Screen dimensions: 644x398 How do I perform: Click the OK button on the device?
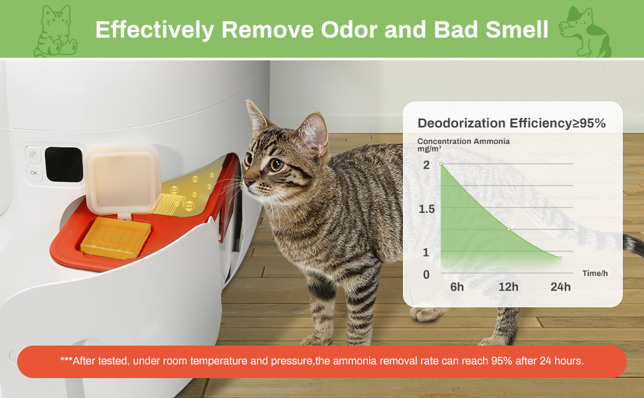34,172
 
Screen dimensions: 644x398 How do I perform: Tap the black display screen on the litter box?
64,164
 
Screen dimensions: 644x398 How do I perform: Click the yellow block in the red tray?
116,238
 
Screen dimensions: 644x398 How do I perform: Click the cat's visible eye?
276,165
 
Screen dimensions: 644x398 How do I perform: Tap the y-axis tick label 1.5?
427,209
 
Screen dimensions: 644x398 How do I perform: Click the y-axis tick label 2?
426,165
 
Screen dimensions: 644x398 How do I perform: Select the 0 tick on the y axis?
426,275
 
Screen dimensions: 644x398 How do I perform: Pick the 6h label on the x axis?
457,287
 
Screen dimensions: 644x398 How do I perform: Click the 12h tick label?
509,287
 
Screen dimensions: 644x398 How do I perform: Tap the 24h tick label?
560,287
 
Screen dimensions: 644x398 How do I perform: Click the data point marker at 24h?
560,257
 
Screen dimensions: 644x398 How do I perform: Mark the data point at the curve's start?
441,164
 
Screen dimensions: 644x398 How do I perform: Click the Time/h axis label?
595,273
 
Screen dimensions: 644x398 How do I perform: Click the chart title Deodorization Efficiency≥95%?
511,123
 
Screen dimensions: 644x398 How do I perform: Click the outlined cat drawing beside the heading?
55,31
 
